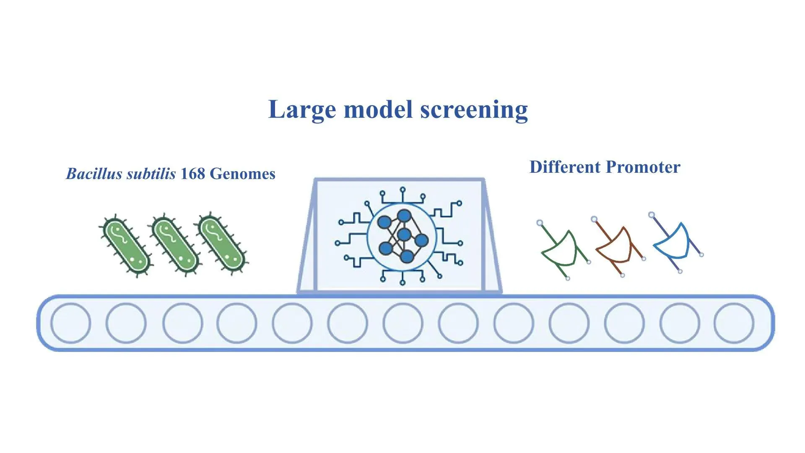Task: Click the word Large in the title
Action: pos(302,110)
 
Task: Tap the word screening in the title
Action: pos(474,110)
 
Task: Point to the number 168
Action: pos(192,174)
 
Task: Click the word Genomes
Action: pos(242,174)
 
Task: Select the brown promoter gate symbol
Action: pos(615,246)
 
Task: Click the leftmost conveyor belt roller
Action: pos(70,323)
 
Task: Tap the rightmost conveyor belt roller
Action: pos(734,323)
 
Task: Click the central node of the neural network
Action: pos(403,234)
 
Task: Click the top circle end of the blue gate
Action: pos(651,215)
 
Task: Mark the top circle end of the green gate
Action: pos(540,223)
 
